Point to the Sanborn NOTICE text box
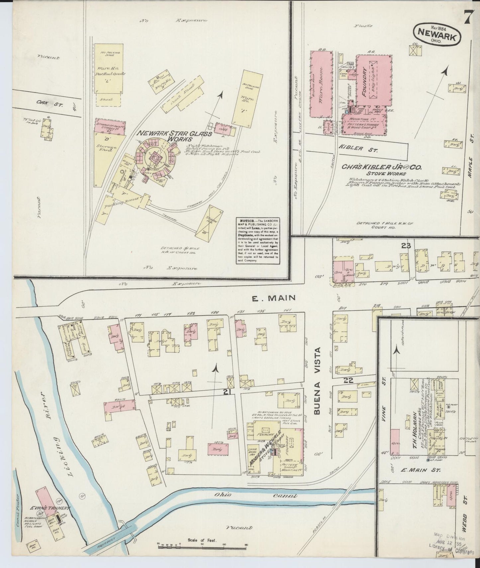tap(258, 241)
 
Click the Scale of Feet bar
tap(202, 545)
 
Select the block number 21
tap(227, 392)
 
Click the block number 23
tap(406, 246)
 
